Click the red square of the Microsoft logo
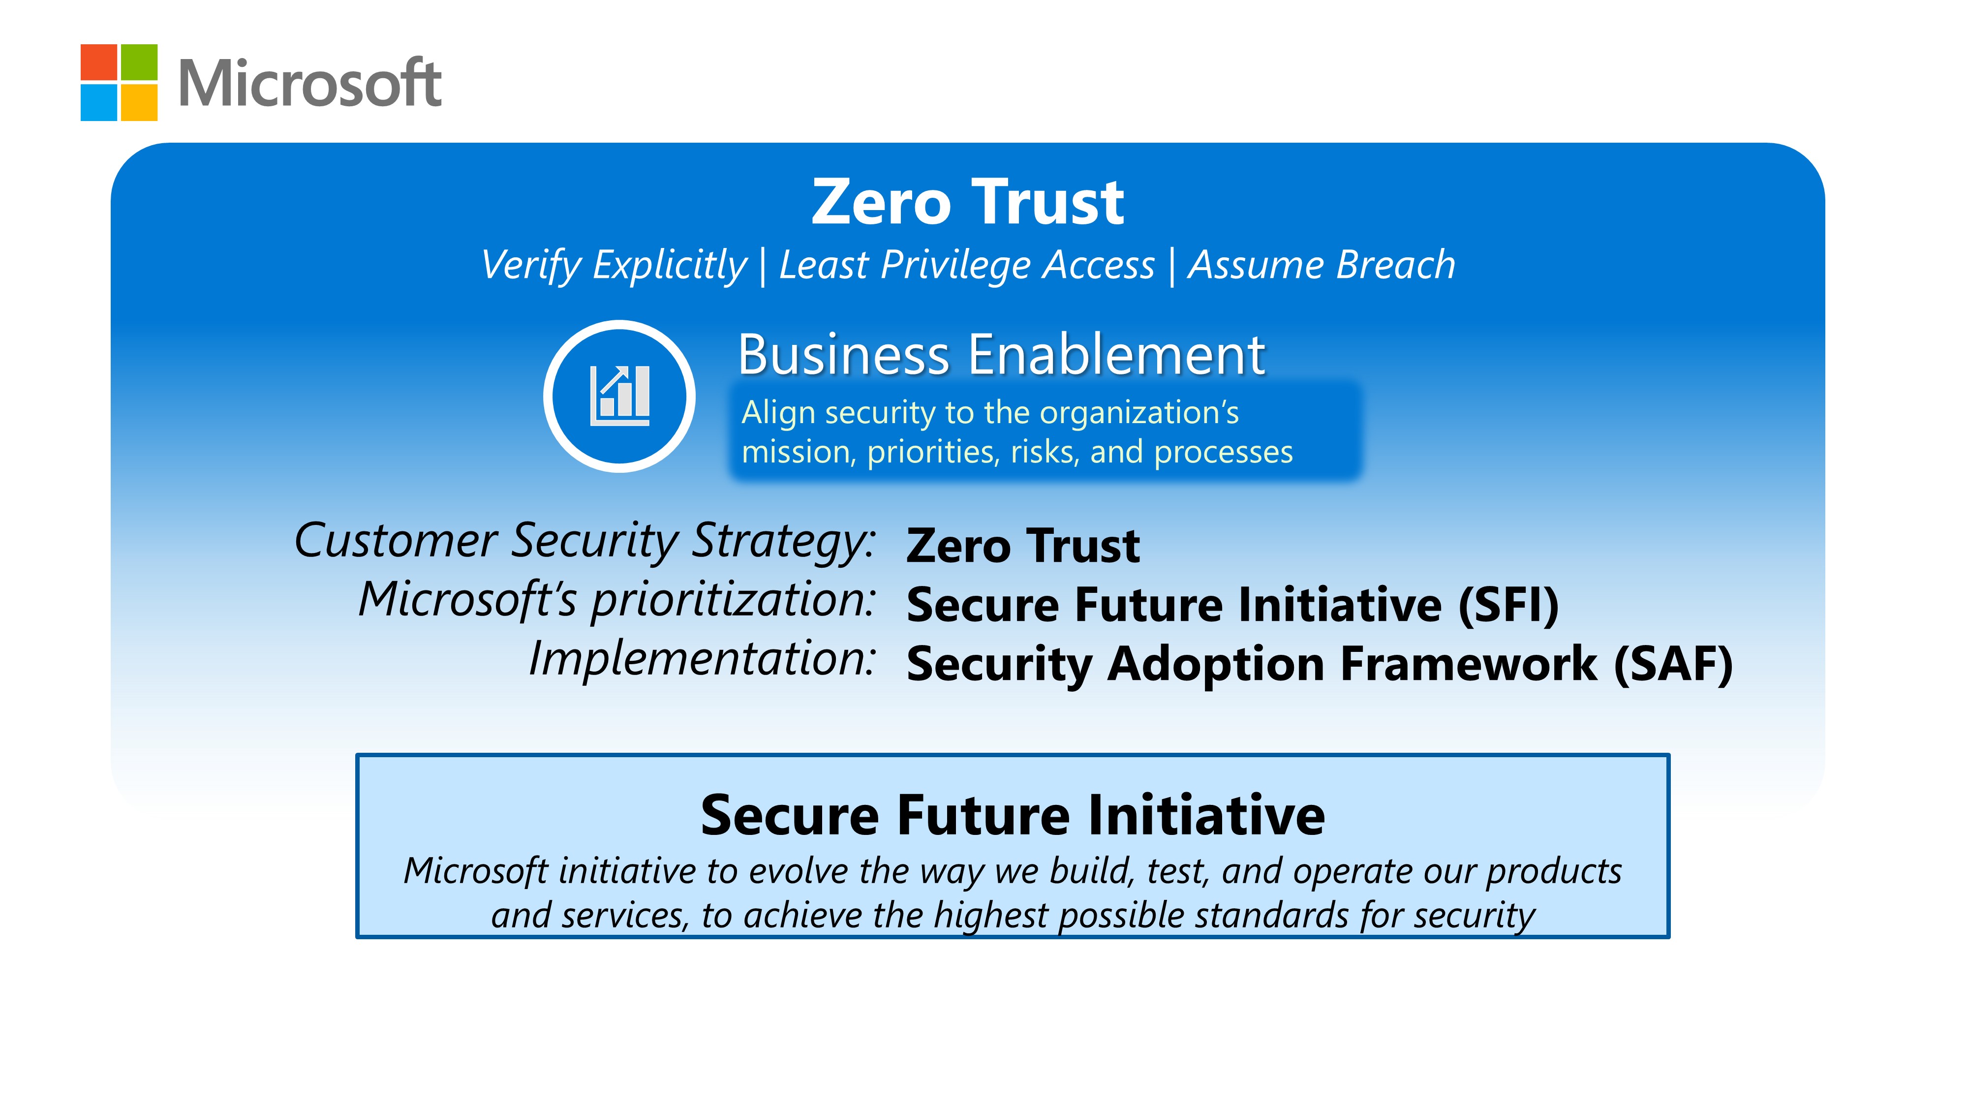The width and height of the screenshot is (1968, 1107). [98, 62]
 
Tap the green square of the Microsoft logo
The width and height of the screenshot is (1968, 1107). [139, 62]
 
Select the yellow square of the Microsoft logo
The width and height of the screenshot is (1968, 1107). [139, 102]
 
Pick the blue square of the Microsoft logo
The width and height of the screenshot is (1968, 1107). [98, 102]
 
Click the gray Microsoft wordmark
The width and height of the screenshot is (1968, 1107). [309, 83]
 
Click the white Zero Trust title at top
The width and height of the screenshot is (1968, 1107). [967, 202]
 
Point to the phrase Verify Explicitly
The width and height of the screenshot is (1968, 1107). [614, 266]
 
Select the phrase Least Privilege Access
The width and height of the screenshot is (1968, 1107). [966, 266]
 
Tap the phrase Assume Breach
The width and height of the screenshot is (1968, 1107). [1321, 265]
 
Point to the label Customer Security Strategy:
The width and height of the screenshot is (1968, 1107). [584, 541]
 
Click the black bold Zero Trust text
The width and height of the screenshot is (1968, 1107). [1023, 546]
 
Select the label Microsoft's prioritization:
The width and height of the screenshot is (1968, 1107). [616, 600]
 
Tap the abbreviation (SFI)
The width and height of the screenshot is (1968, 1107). [1508, 605]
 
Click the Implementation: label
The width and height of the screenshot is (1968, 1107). [701, 659]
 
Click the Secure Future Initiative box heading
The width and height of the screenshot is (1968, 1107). [1012, 815]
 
